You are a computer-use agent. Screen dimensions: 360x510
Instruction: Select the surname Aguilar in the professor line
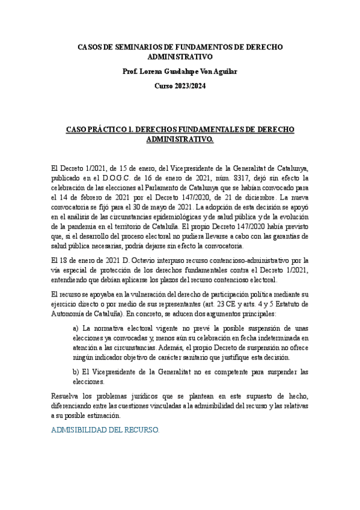223,72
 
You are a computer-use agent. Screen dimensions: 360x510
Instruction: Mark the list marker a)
76,328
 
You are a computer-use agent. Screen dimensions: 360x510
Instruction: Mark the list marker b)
76,372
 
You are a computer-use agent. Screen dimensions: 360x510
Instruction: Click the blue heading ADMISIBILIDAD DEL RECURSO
105,431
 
